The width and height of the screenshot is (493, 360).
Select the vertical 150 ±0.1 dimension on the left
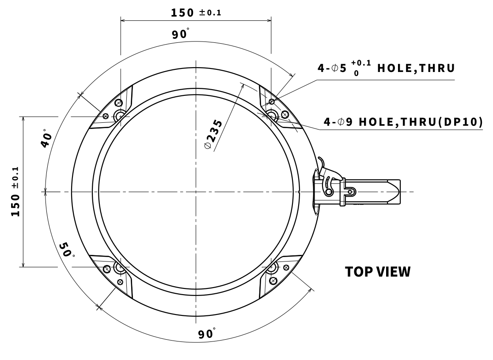16,191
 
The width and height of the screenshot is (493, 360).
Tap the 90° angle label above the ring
181,34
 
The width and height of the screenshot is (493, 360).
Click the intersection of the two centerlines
194,192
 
